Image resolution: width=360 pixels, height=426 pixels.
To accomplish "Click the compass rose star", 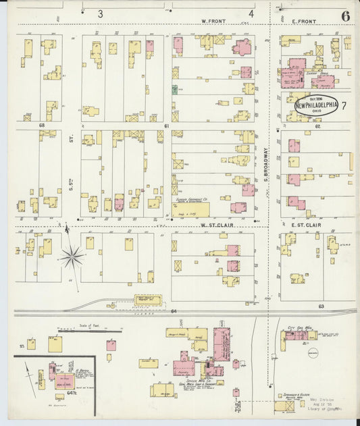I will (71, 257).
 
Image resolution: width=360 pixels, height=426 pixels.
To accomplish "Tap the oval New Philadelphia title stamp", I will (316, 105).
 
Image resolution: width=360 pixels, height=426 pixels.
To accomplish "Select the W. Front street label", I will (213, 22).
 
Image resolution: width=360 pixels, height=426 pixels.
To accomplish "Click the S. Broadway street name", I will (267, 165).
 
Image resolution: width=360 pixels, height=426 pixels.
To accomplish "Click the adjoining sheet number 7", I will (344, 105).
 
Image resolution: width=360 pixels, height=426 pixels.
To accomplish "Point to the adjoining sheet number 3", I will (101, 14).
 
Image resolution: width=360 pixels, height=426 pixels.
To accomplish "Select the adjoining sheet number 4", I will (251, 14).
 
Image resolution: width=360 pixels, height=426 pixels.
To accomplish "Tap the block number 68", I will (42, 126).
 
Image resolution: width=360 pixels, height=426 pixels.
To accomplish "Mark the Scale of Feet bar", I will (90, 331).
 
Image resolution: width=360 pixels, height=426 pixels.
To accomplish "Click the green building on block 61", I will (175, 89).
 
